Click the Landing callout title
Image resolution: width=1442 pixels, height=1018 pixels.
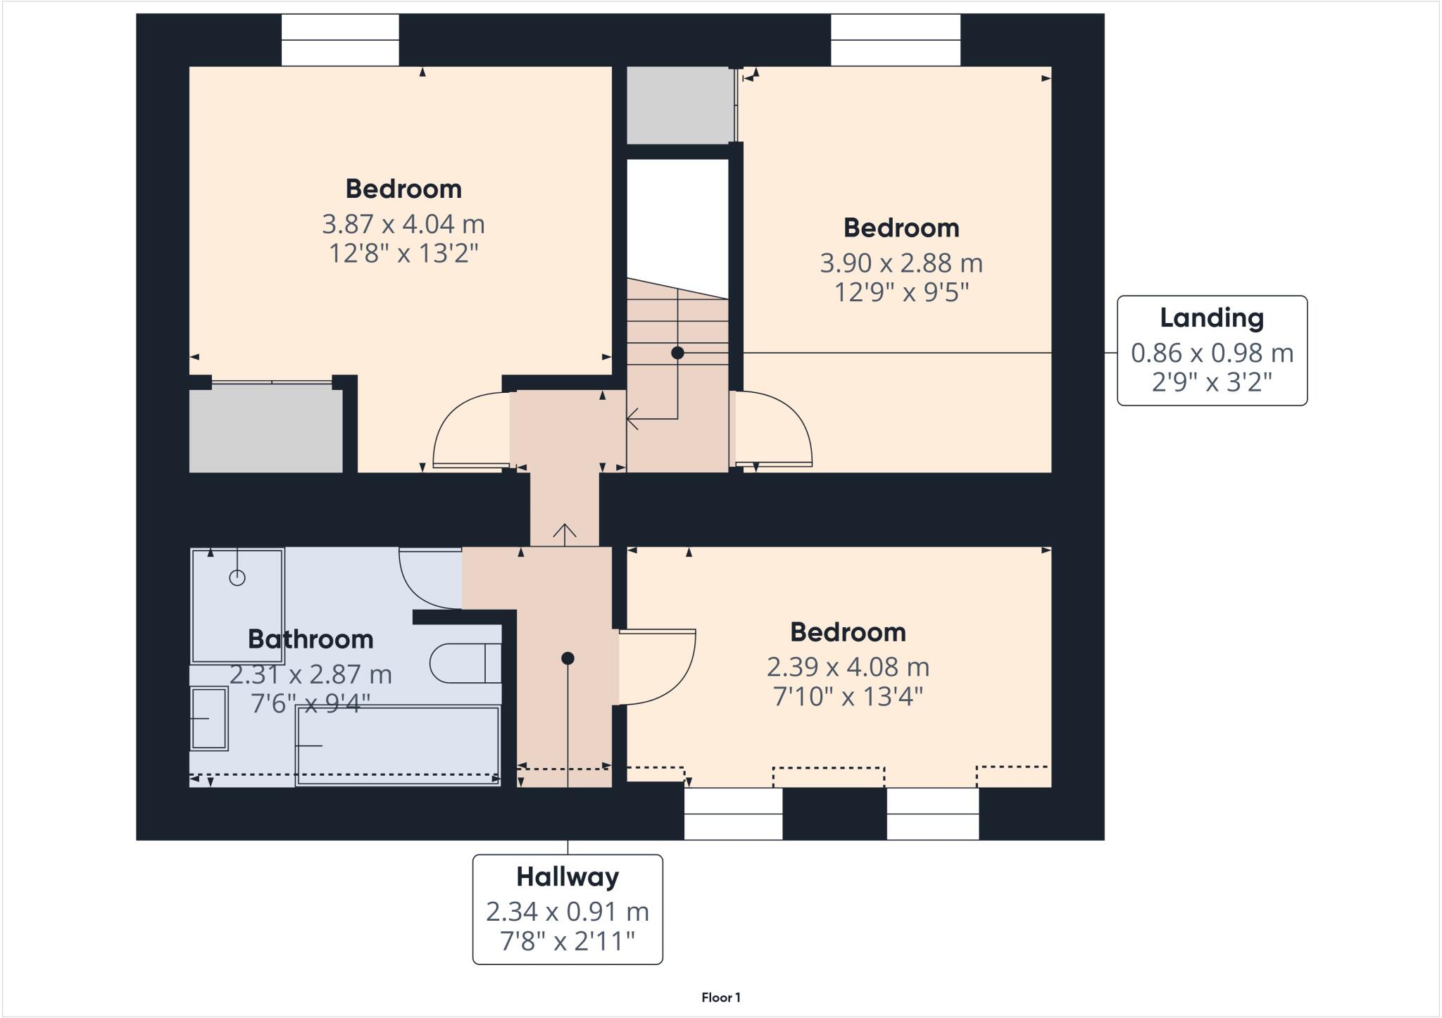point(1211,318)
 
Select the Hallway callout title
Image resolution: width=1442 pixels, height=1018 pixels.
point(568,877)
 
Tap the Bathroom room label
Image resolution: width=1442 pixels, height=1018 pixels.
point(311,639)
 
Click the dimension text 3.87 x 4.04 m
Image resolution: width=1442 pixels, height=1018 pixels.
point(403,225)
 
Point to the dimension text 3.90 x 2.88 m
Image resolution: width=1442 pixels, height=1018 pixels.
point(901,263)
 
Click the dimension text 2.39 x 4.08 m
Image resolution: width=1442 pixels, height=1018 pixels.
point(848,667)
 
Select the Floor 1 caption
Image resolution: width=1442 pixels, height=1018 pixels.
point(720,998)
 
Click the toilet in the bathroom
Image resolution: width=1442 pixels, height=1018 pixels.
point(465,663)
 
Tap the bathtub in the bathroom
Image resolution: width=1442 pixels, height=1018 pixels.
point(398,745)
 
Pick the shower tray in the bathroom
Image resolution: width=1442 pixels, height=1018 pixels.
point(237,605)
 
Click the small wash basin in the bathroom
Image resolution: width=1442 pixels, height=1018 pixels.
point(209,718)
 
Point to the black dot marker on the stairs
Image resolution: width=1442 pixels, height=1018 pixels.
point(677,353)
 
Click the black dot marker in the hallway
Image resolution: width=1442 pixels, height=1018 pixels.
point(568,658)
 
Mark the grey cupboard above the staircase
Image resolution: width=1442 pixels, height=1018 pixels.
point(677,106)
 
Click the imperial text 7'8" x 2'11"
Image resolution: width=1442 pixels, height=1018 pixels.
point(568,941)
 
